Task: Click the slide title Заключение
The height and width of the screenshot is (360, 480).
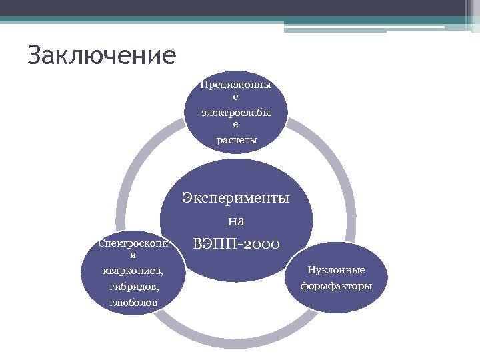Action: [102, 55]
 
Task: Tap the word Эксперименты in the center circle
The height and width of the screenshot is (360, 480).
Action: [237, 199]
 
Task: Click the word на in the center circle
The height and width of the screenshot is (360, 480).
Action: [237, 221]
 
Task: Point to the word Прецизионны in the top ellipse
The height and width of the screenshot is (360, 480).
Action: [237, 85]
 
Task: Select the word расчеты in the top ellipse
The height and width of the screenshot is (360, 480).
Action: [237, 139]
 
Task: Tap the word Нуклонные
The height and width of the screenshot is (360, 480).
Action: [336, 270]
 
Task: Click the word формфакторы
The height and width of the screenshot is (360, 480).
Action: [336, 286]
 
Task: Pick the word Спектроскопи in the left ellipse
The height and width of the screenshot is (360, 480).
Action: [133, 243]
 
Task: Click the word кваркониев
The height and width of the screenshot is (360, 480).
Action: [133, 271]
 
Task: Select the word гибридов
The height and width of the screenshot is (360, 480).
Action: [133, 287]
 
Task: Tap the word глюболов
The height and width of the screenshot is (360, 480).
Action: [133, 303]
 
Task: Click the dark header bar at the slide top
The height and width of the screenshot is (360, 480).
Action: [240, 7]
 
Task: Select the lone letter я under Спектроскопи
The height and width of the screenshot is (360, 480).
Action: [133, 255]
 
